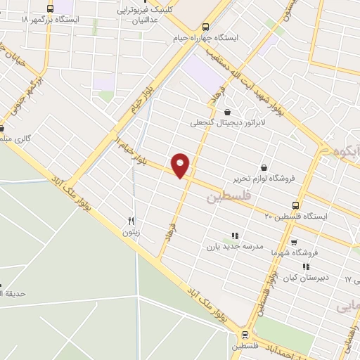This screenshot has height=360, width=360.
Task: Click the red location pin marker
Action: point(181,165)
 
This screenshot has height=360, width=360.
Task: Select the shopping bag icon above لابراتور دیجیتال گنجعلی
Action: point(227,111)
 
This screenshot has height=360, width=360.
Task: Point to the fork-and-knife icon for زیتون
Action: point(130,219)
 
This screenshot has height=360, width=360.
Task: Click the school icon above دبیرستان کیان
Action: point(305,266)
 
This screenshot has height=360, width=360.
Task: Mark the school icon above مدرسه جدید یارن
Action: point(235,236)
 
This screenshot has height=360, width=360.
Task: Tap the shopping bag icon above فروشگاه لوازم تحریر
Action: point(264,167)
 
